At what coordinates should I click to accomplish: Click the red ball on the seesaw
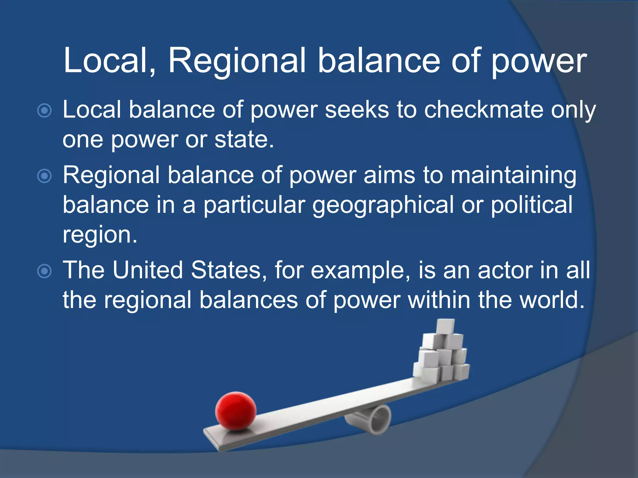pos(236,411)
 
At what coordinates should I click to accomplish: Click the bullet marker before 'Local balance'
pos(44,110)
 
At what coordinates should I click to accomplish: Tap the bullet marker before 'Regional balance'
pos(44,176)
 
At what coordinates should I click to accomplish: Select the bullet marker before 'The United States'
pos(44,271)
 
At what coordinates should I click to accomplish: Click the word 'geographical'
pos(383,205)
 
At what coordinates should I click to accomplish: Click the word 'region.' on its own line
pos(100,235)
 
